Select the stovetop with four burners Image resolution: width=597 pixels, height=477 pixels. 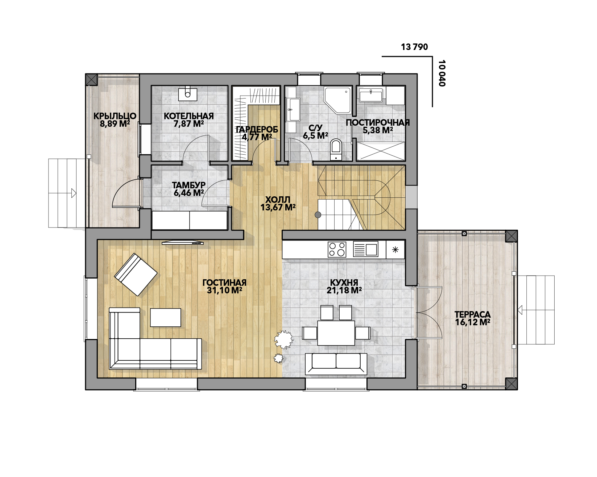(337, 250)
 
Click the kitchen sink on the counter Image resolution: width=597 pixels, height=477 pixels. (366, 250)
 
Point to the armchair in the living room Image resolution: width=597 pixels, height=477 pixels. (136, 274)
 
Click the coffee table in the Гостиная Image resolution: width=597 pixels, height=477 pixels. (166, 317)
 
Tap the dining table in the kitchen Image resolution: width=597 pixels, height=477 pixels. (336, 332)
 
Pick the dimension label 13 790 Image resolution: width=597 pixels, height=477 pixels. (414, 47)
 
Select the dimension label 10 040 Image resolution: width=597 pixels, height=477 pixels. (442, 73)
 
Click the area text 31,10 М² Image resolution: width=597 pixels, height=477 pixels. (224, 290)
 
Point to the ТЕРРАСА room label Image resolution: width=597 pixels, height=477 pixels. (473, 314)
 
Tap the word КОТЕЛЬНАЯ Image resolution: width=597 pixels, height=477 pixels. (188, 116)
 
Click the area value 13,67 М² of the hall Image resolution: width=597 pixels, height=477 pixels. (278, 208)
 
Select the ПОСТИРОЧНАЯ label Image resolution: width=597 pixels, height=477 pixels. (378, 122)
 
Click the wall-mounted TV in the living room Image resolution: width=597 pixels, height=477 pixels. (183, 242)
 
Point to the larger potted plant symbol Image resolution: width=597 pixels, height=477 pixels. (283, 339)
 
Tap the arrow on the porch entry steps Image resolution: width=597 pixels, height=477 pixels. (74, 193)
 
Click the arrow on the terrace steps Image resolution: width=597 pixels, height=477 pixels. (520, 310)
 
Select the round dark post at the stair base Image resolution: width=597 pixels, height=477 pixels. (318, 215)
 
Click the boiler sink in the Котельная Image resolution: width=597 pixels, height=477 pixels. (188, 93)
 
